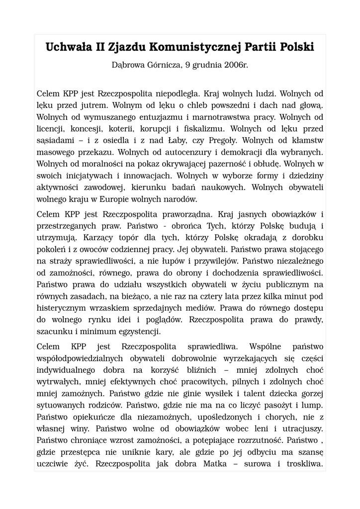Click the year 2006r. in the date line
tap(233, 65)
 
